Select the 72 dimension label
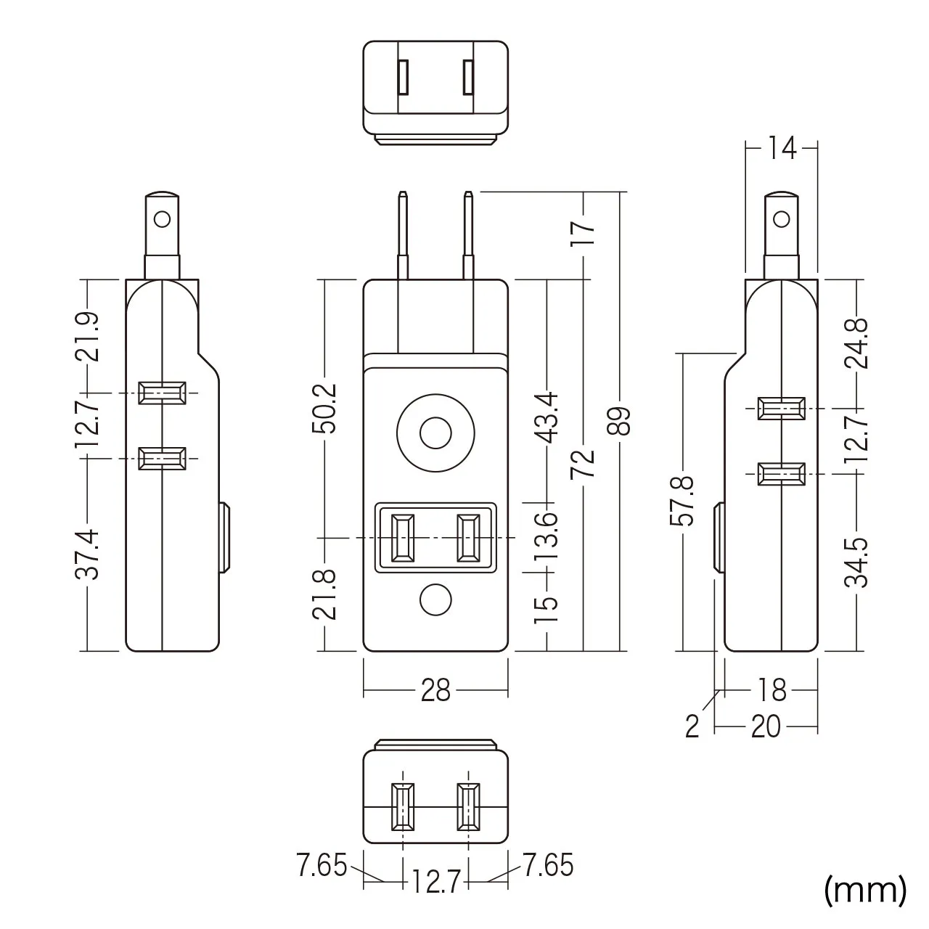[584, 464]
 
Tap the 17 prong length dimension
[584, 234]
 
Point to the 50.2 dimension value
[324, 409]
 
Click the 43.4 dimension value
[547, 417]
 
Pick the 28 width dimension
[435, 690]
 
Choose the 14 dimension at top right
[782, 148]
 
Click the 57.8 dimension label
[683, 501]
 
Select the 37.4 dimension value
[87, 554]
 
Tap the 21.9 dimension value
[87, 337]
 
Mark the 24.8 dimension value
[856, 343]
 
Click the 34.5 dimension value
[856, 563]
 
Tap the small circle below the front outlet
[435, 599]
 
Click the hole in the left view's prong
[162, 219]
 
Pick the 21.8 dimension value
[324, 595]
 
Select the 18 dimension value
[772, 690]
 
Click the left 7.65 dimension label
[322, 865]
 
